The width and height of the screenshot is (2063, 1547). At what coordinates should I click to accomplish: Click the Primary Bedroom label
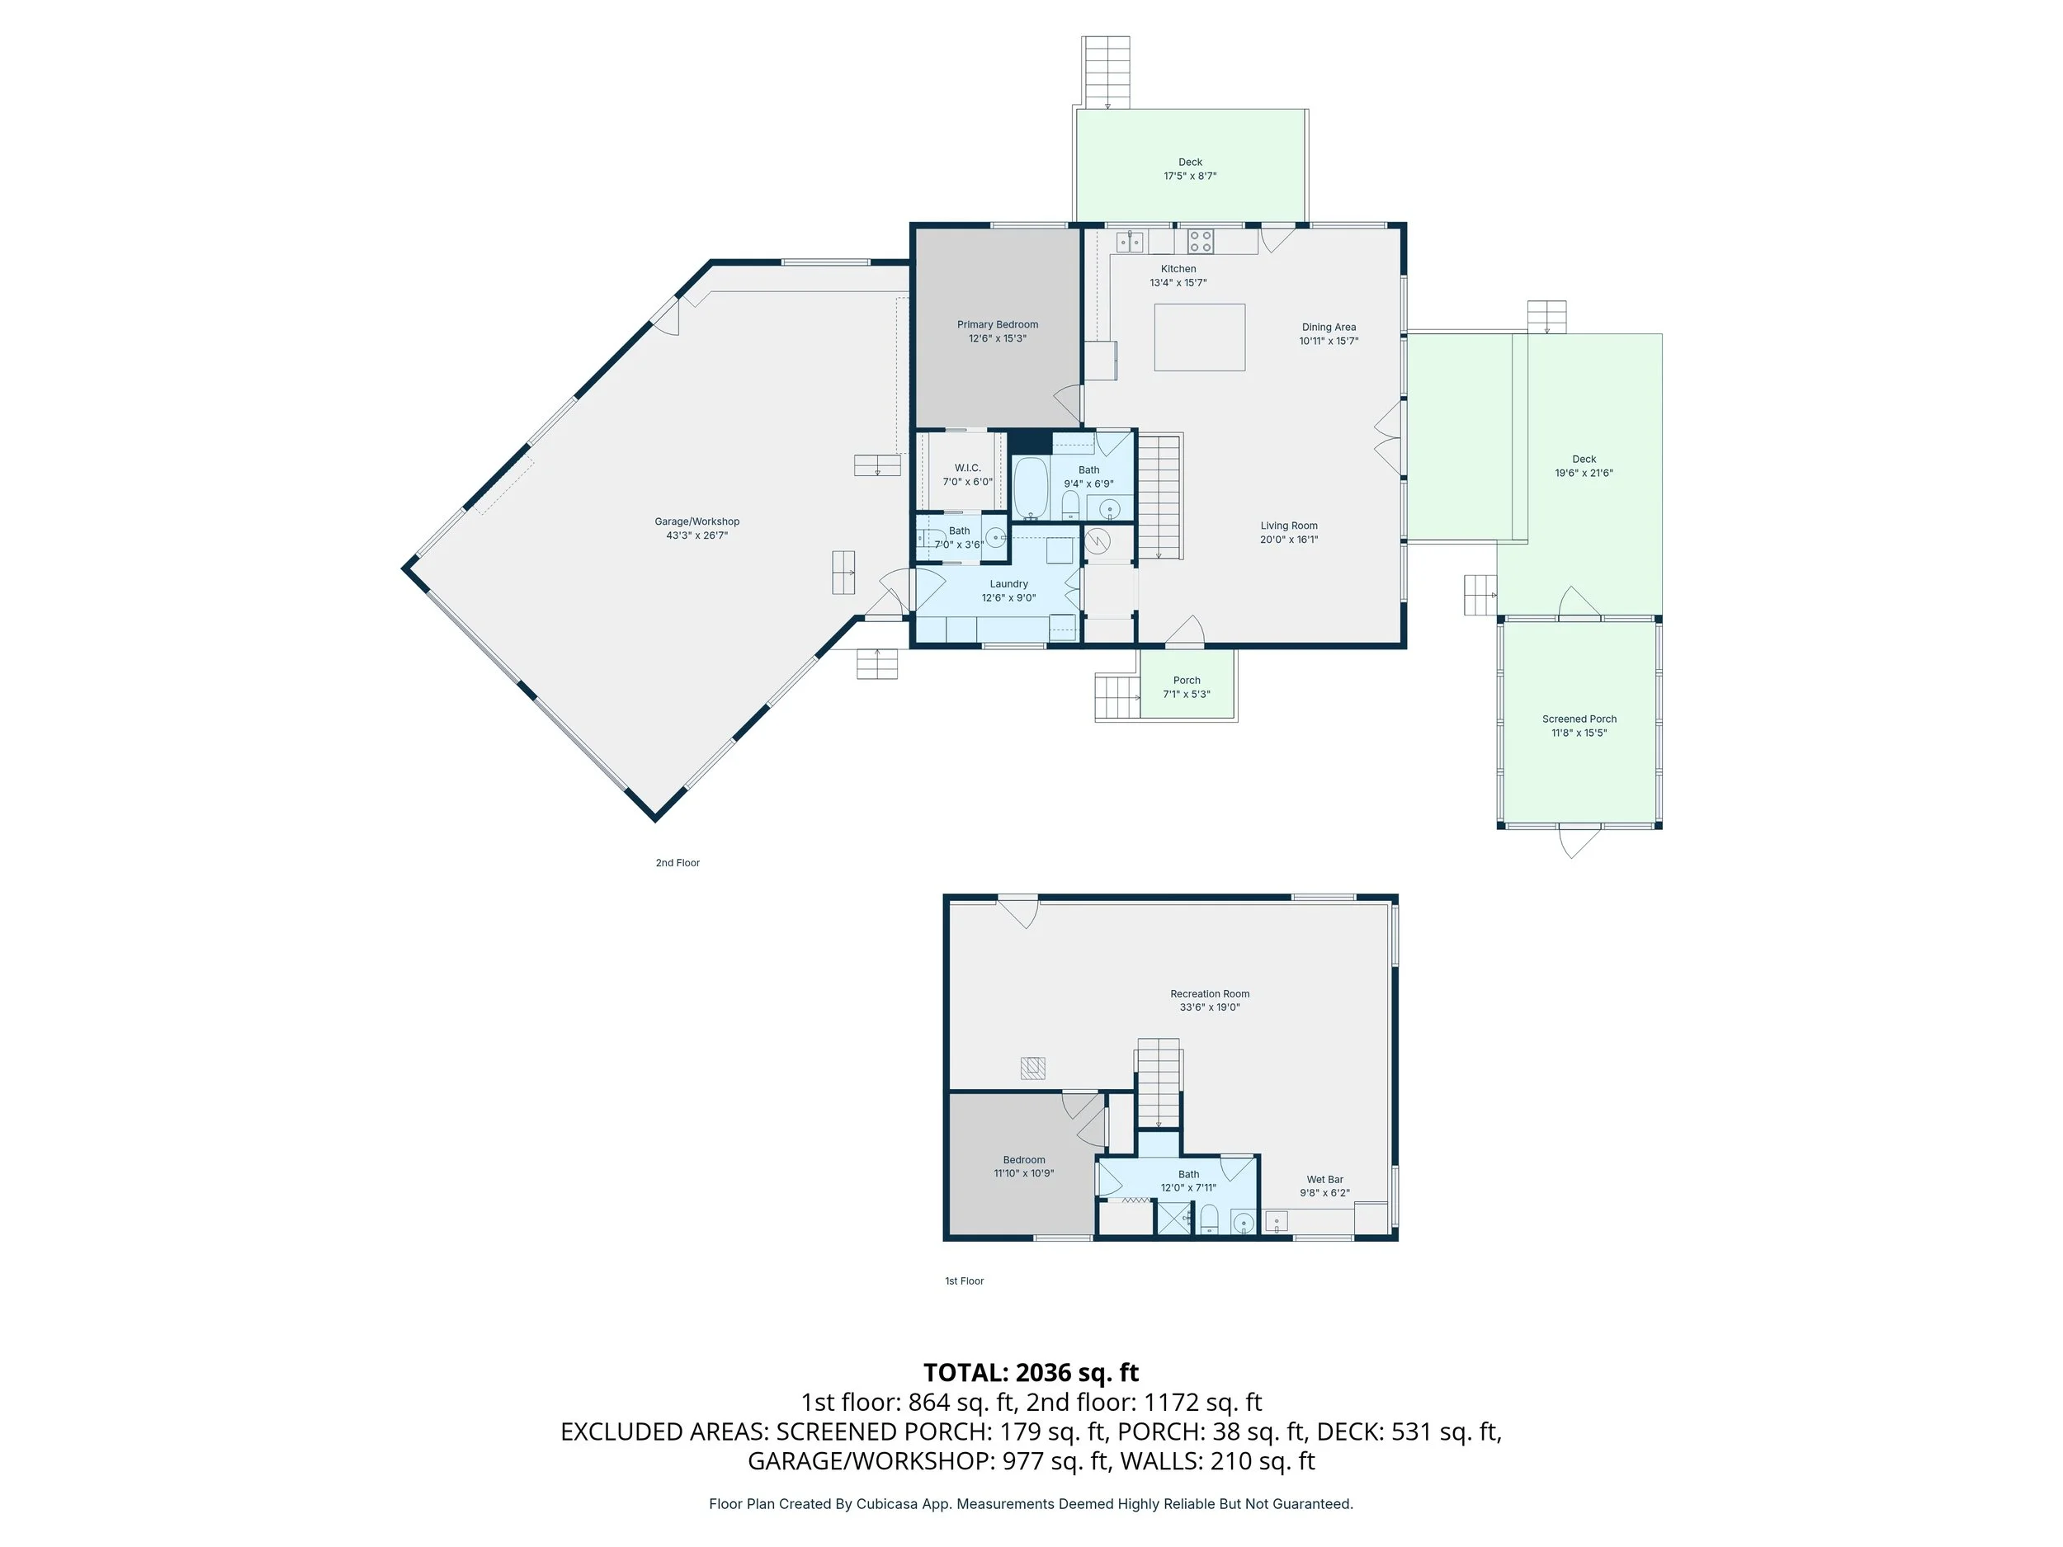click(997, 324)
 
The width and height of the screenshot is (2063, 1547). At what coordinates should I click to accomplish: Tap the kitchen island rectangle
click(1199, 337)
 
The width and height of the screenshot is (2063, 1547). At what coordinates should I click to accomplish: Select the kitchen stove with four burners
click(1201, 242)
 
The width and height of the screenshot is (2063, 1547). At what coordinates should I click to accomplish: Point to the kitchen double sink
click(1131, 242)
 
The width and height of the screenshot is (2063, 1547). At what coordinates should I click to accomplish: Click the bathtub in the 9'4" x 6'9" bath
click(1031, 487)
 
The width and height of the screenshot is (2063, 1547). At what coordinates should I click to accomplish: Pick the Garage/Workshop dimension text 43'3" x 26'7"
click(696, 535)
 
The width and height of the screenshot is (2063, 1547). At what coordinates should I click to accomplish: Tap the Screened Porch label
click(1579, 719)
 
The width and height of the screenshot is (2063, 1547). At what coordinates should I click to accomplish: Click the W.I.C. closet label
click(967, 468)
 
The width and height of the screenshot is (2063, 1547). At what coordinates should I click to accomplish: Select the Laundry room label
click(1008, 584)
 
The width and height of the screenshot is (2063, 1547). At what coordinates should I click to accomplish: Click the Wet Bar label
click(1324, 1180)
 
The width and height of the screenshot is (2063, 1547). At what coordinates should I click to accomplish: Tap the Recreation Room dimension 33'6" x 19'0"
click(1210, 1007)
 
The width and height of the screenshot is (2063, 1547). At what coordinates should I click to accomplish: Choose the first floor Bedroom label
click(1024, 1160)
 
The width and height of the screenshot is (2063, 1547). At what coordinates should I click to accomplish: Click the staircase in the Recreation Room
click(1159, 1087)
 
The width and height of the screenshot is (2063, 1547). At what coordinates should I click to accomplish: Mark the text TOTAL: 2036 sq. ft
click(1031, 1373)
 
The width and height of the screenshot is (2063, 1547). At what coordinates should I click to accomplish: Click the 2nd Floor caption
click(677, 862)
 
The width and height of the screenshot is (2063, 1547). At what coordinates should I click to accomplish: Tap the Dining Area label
click(1328, 328)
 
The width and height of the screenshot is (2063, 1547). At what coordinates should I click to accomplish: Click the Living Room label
click(1289, 526)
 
